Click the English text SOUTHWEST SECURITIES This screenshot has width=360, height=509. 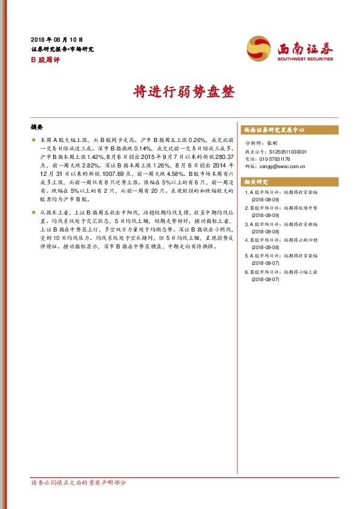pos(301,59)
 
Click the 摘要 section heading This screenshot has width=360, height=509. pos(37,128)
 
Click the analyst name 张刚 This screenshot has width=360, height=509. pos(272,144)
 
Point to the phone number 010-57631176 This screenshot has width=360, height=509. pos(276,159)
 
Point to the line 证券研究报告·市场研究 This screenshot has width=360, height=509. pos(62,49)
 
